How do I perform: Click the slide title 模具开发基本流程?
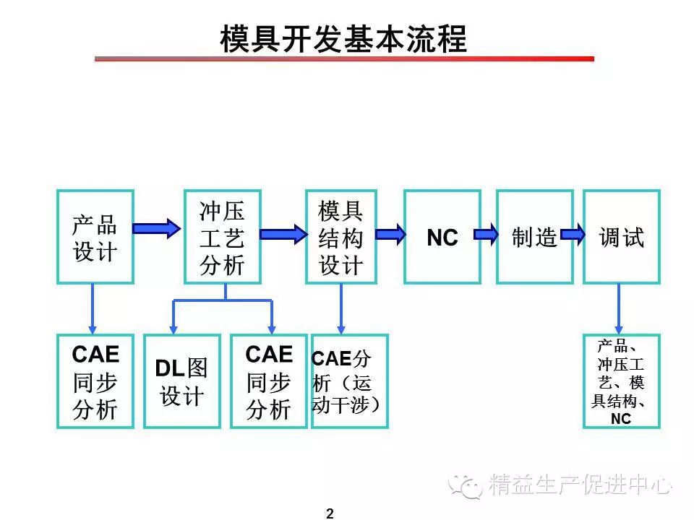tap(343, 39)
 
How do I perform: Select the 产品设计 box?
tap(95, 237)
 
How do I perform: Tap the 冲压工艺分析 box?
tap(222, 237)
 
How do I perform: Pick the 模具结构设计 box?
tap(340, 237)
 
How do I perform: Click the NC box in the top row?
tap(442, 237)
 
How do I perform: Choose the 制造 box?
tap(535, 237)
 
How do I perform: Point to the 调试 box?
tap(622, 237)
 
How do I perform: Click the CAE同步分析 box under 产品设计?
tap(95, 381)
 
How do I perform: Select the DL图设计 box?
tap(182, 381)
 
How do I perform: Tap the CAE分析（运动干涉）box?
tap(350, 381)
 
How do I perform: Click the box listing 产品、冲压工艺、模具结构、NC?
tap(622, 381)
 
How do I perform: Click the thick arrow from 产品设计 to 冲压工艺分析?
tap(157, 228)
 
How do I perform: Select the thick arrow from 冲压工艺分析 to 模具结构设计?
tap(283, 234)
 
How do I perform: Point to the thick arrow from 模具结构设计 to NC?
tap(391, 234)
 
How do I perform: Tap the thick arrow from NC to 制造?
tap(486, 234)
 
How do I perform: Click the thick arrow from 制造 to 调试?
tap(573, 234)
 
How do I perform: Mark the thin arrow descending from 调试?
tap(618, 308)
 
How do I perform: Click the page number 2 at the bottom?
tap(330, 513)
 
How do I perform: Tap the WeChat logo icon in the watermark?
tap(465, 486)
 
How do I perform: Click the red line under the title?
tap(344, 58)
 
